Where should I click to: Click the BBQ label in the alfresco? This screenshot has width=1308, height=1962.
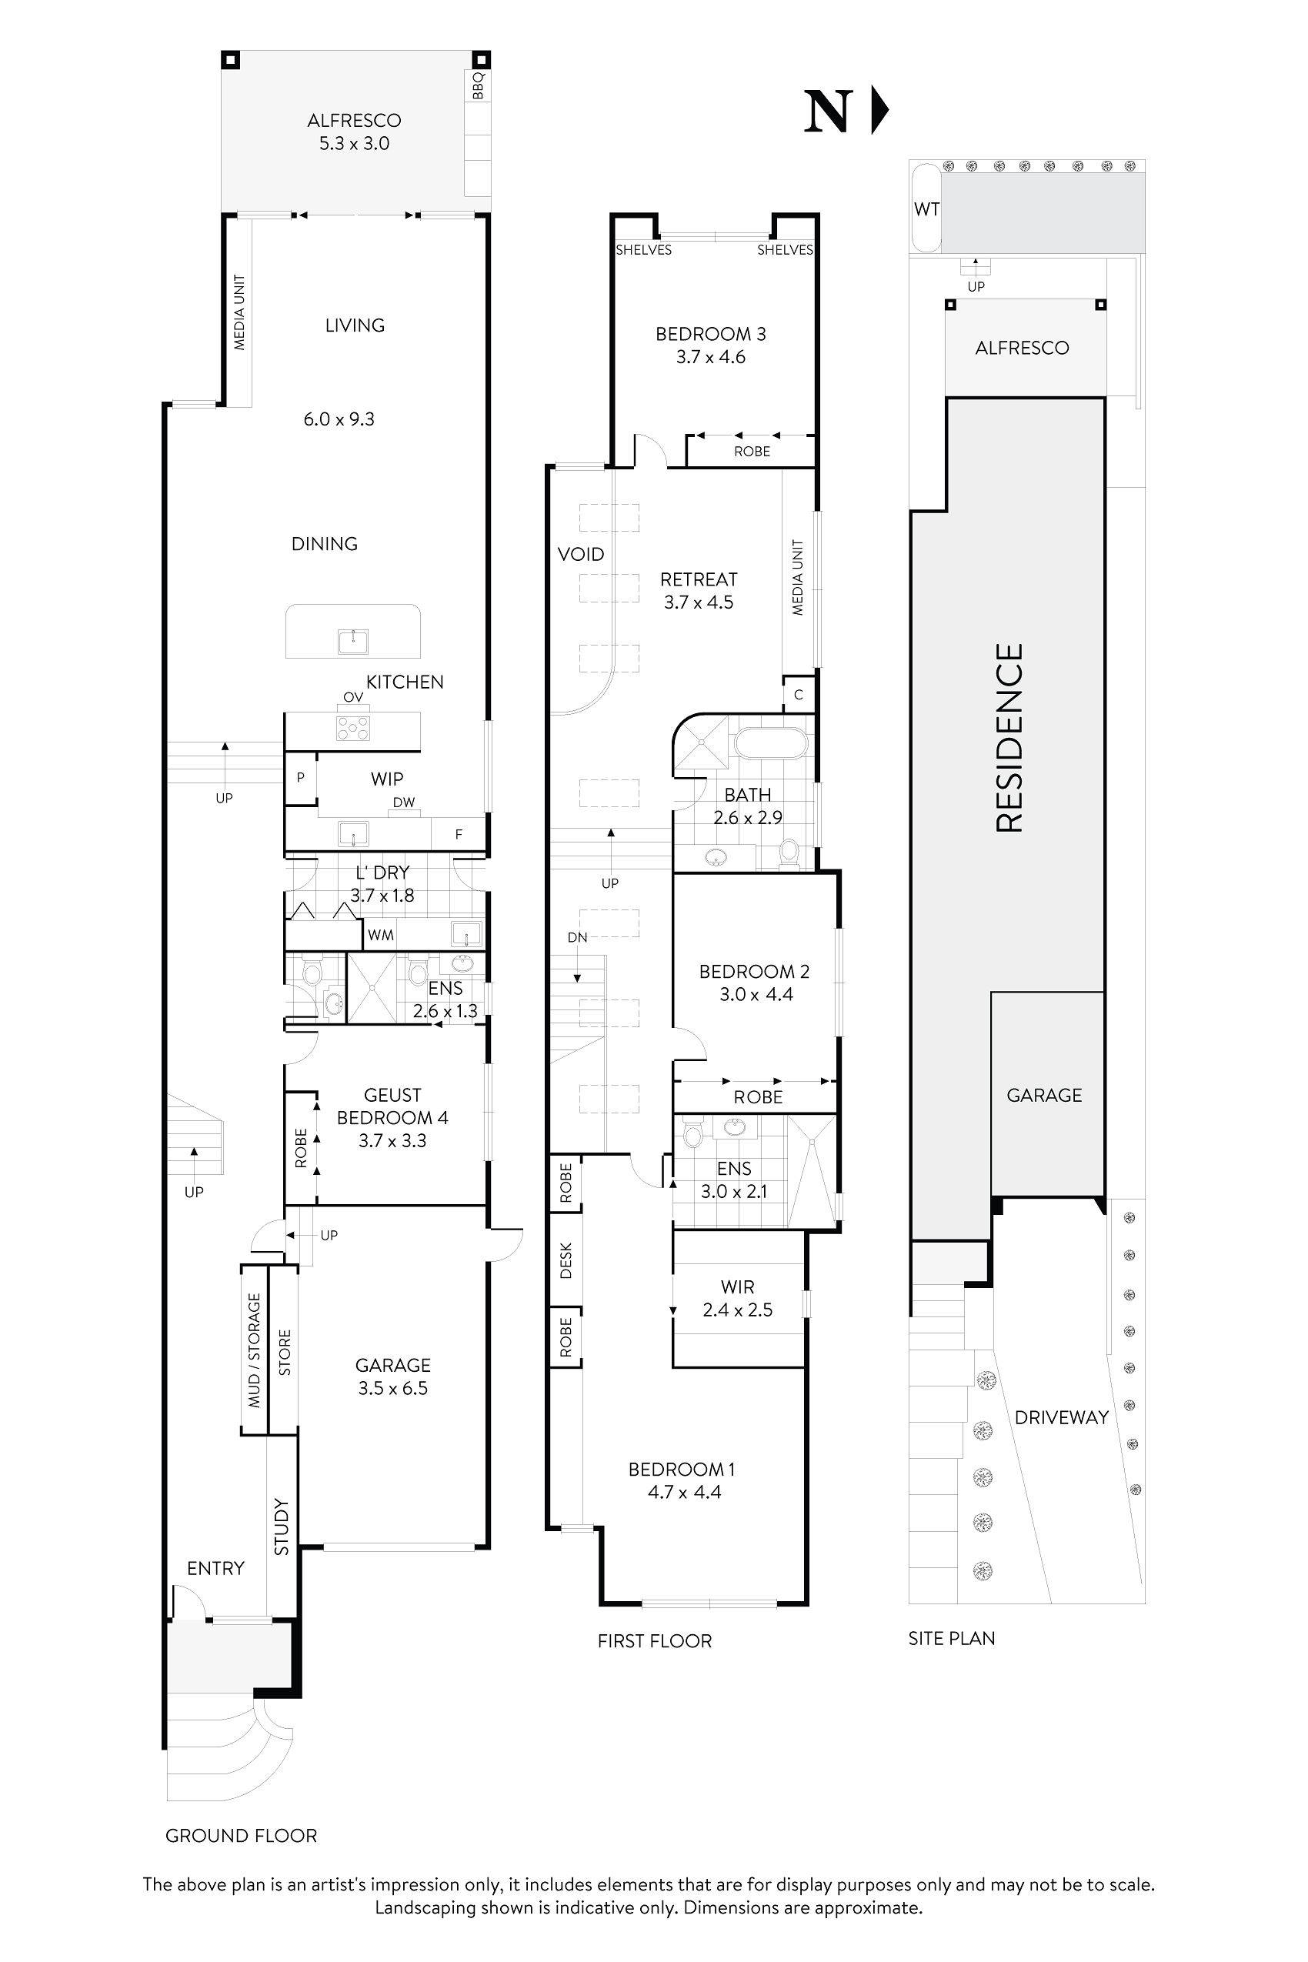click(x=478, y=86)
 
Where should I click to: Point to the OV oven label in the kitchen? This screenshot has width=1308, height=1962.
click(x=353, y=697)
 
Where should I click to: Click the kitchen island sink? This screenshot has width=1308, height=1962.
click(x=354, y=642)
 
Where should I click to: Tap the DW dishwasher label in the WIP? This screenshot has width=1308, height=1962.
click(x=404, y=802)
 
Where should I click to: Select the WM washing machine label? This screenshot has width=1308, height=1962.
click(x=380, y=935)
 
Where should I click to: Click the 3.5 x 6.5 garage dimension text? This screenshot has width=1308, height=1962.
click(x=393, y=1388)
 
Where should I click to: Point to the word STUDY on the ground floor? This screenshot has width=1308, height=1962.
click(x=282, y=1527)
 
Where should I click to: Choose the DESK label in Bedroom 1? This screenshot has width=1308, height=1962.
click(x=566, y=1260)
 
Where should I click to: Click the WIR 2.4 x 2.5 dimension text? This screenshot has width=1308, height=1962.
click(x=737, y=1310)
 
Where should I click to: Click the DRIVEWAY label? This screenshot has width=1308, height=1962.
click(x=1061, y=1417)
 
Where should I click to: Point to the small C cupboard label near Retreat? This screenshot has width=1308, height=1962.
click(x=799, y=694)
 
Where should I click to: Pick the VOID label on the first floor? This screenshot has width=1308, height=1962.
click(x=581, y=554)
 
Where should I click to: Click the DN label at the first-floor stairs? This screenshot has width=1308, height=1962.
click(x=577, y=937)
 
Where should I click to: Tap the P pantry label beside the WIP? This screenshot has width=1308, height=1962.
click(x=300, y=776)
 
